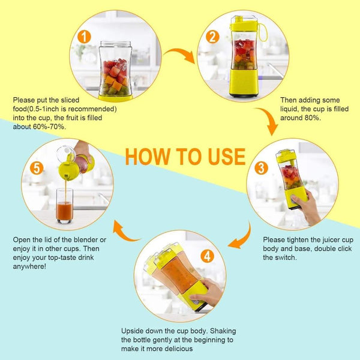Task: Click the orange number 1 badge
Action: pyautogui.click(x=84, y=37)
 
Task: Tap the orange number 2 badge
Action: pyautogui.click(x=212, y=37)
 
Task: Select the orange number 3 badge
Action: pyautogui.click(x=261, y=167)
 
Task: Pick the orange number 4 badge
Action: pyautogui.click(x=208, y=256)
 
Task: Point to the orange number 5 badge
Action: pyautogui.click(x=37, y=168)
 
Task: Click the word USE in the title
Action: pyautogui.click(x=227, y=157)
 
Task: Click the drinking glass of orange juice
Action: pyautogui.click(x=65, y=206)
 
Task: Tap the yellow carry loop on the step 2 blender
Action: pyautogui.click(x=263, y=32)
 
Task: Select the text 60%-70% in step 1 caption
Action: pyautogui.click(x=49, y=127)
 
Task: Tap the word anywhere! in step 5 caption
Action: pyautogui.click(x=29, y=266)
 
